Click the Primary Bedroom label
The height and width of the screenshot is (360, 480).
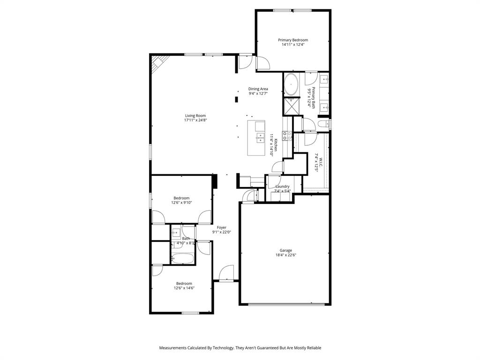pos(293,40)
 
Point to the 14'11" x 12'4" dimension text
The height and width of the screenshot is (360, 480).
pos(293,45)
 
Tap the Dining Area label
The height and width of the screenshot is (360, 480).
pos(258,89)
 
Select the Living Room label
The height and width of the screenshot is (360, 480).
pos(195,115)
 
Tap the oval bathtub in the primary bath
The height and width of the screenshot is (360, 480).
pos(291,85)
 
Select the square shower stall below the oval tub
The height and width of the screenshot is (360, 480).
pos(291,106)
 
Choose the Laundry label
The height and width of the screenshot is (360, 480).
pos(282,186)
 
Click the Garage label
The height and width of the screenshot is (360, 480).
pos(286,250)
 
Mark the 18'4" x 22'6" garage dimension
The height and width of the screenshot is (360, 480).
pos(286,255)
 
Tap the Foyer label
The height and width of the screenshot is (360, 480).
pos(222,227)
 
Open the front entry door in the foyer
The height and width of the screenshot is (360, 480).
pos(226,273)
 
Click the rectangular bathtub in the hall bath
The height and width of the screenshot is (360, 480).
pos(182,258)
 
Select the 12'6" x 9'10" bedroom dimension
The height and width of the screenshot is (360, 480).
pos(181,202)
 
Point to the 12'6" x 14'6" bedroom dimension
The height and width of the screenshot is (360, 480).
pos(184,288)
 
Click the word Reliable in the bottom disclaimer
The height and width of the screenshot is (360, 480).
pos(313,348)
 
